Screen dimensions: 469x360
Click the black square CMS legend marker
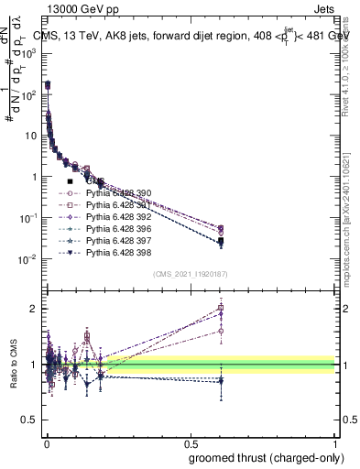click(x=70, y=182)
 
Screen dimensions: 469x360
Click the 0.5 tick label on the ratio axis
click(x=30, y=420)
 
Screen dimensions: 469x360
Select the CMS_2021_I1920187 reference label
click(x=190, y=274)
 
